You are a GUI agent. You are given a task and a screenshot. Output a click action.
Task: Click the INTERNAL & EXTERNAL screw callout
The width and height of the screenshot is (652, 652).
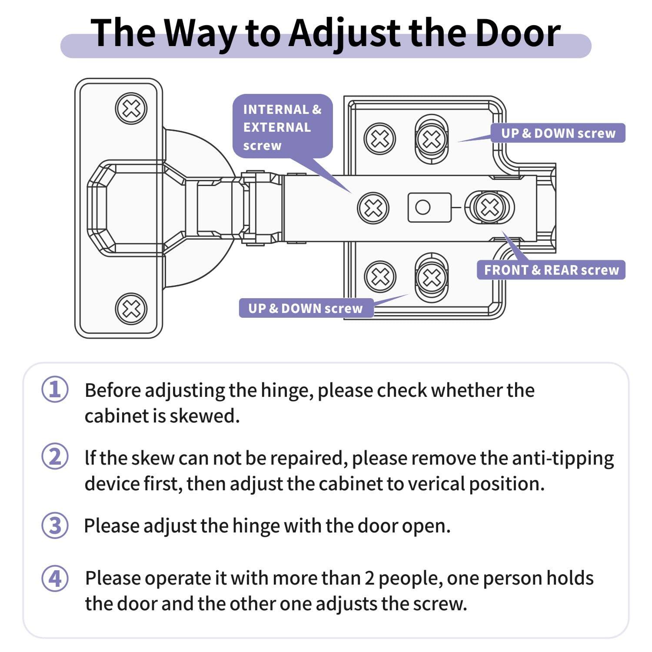pyautogui.click(x=282, y=126)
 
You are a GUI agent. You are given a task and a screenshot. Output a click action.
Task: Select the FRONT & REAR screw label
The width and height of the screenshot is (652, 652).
pyautogui.click(x=551, y=270)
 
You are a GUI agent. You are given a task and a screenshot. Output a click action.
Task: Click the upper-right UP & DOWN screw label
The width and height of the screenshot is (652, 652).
pyautogui.click(x=558, y=133)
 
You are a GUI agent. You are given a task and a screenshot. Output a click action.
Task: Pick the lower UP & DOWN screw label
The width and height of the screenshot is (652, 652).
pyautogui.click(x=305, y=308)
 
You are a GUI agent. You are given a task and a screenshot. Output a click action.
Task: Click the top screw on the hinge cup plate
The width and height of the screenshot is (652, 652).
pyautogui.click(x=131, y=108)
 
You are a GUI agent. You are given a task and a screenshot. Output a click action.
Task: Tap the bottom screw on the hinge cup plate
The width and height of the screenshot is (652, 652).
pyautogui.click(x=131, y=309)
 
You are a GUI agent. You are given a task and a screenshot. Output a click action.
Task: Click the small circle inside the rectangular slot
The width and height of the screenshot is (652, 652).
pyautogui.click(x=422, y=207)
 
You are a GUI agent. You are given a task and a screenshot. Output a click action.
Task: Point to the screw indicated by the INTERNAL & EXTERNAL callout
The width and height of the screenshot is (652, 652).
pyautogui.click(x=373, y=208)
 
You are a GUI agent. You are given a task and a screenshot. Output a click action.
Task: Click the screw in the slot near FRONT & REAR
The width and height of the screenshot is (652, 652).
pyautogui.click(x=490, y=207)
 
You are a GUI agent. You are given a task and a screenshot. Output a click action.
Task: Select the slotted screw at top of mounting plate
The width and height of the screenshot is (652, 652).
pyautogui.click(x=431, y=139)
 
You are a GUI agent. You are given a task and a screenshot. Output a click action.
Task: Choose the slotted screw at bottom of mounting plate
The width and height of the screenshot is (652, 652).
pyautogui.click(x=431, y=277)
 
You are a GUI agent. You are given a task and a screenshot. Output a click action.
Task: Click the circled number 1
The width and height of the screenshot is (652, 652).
pyautogui.click(x=55, y=389)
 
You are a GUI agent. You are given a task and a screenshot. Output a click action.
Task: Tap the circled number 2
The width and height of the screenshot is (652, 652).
pyautogui.click(x=55, y=457)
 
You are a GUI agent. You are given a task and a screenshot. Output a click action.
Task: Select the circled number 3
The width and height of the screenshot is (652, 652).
pyautogui.click(x=55, y=525)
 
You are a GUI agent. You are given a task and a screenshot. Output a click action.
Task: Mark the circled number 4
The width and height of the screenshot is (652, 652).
pyautogui.click(x=55, y=579)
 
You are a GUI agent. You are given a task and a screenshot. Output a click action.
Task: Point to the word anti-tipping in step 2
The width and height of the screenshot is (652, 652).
pyautogui.click(x=564, y=458)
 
